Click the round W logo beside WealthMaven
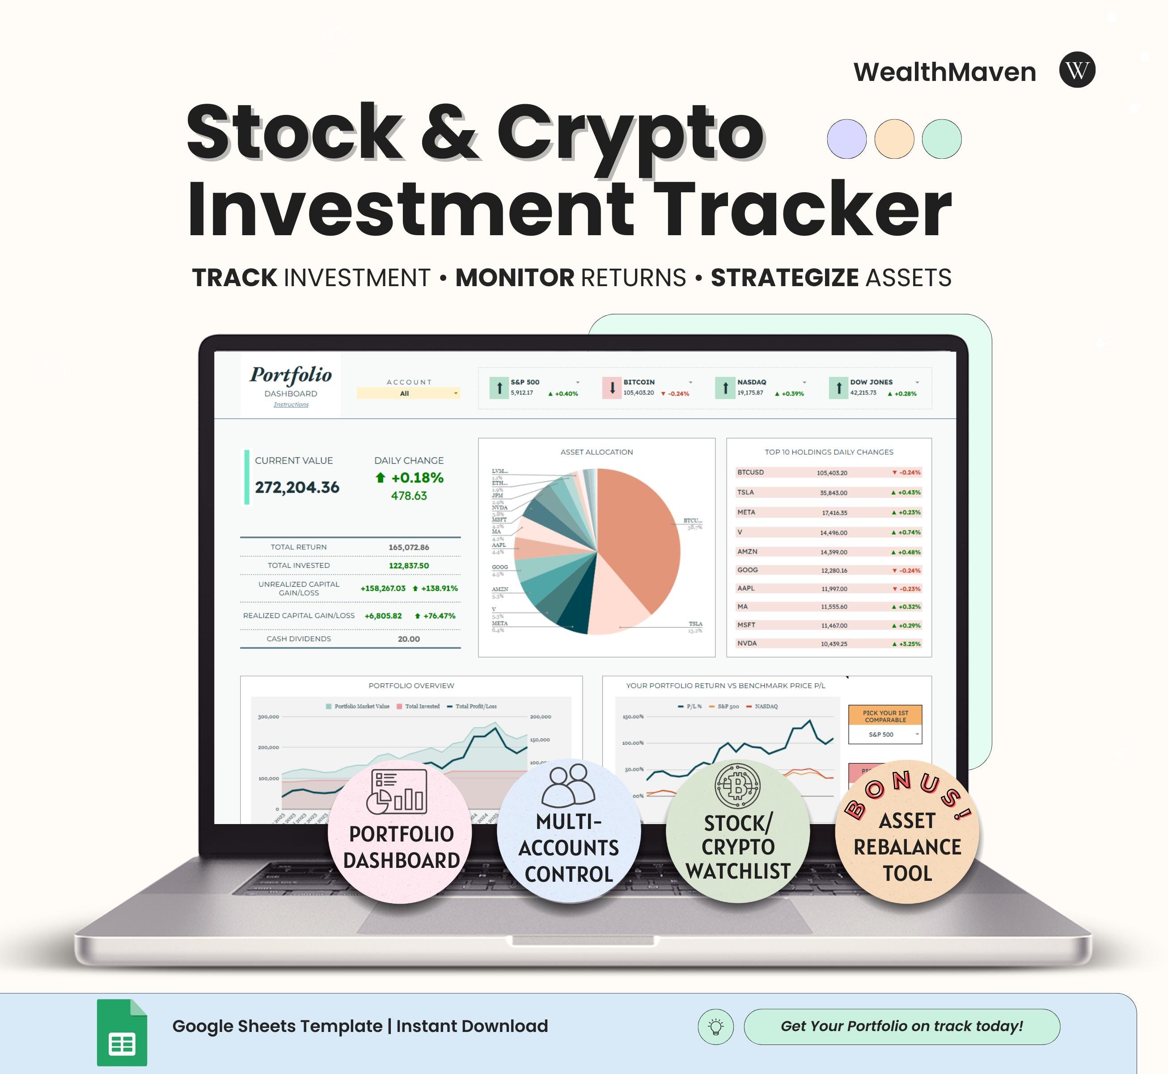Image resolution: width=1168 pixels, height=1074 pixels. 1077,70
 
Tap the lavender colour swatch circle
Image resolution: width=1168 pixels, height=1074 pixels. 846,139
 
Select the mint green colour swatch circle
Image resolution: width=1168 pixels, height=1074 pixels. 941,139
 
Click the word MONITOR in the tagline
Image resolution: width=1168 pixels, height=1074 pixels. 515,278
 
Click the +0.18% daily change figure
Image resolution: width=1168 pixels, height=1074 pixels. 417,478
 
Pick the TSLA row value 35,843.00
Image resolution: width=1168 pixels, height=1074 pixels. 833,493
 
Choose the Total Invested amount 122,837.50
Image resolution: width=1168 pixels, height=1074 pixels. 409,566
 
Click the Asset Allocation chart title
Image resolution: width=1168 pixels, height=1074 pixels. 596,452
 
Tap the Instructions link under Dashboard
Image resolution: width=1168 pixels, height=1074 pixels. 291,405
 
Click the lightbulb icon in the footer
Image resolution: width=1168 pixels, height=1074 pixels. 715,1027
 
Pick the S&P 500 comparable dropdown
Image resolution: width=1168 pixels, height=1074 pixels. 885,735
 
